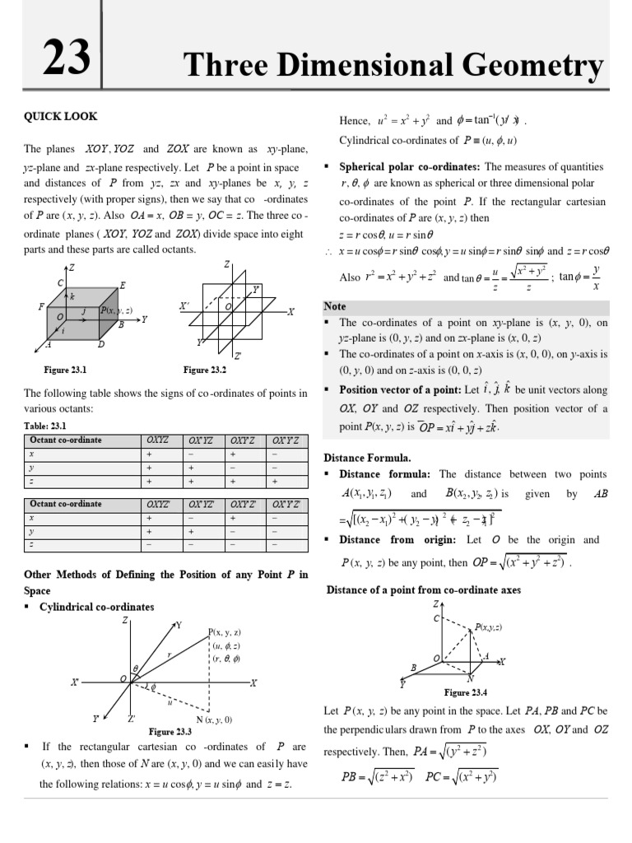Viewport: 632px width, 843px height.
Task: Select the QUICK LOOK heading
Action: coord(60,117)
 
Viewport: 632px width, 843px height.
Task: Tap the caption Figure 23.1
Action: coord(65,370)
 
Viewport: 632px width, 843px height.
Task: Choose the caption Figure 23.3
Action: coord(170,731)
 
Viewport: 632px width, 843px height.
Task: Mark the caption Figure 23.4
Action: coord(466,692)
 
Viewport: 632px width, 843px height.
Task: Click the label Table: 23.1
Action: coord(45,426)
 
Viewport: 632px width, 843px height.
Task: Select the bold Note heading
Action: coord(335,306)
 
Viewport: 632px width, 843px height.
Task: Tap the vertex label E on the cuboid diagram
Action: coord(123,285)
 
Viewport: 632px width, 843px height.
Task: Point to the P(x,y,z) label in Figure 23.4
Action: coord(489,627)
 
